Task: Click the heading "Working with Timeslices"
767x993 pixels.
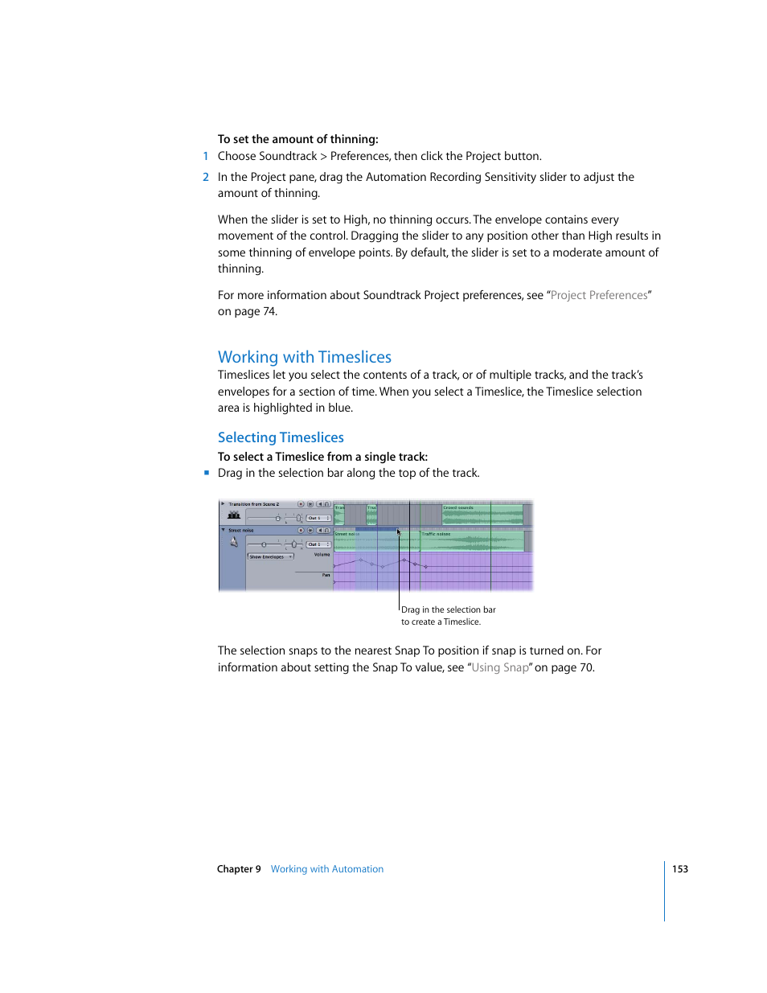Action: point(304,357)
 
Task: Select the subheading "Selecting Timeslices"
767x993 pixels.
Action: point(281,437)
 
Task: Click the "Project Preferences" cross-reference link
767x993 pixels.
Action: point(599,295)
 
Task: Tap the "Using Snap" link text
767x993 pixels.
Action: point(500,667)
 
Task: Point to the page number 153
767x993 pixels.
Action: point(679,869)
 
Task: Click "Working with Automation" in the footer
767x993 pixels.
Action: point(326,869)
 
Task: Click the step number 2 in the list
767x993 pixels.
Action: point(206,177)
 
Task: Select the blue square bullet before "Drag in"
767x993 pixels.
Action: point(207,473)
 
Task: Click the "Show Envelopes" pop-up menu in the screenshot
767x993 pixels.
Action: point(270,556)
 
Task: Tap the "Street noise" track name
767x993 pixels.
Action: point(241,531)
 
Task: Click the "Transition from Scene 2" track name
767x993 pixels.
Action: point(254,504)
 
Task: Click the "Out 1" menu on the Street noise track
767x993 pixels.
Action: point(318,544)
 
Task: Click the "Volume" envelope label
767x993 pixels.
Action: point(322,555)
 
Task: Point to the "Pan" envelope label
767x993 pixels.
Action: point(326,575)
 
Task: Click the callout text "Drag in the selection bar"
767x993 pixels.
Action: point(448,609)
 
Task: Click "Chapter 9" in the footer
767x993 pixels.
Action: point(239,869)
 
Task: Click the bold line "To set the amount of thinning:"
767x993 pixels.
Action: point(297,139)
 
